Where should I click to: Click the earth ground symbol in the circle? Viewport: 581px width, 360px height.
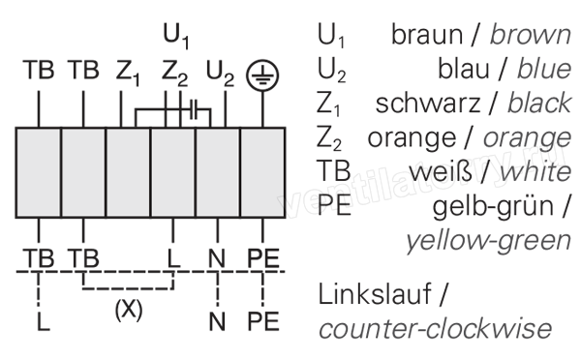pos(262,75)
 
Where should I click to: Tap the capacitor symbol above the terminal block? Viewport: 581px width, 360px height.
pos(194,109)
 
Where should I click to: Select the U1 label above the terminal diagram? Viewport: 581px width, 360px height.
pos(176,36)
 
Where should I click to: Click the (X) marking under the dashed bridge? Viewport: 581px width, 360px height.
pos(129,310)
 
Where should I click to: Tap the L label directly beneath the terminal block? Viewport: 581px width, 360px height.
pos(173,258)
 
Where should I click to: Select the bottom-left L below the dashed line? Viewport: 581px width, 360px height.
pos(44,321)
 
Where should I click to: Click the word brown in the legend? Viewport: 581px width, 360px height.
pos(531,35)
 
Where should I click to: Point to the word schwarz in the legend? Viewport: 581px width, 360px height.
pos(428,104)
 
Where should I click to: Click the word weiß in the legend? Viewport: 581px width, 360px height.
pos(441,171)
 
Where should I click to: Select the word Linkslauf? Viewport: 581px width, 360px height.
pos(375,293)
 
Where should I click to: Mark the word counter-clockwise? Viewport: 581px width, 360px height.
pos(435,329)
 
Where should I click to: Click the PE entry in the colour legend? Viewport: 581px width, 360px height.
pos(334,206)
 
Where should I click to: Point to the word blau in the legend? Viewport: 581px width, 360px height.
pos(464,70)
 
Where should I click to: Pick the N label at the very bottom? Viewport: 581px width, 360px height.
pos(217,321)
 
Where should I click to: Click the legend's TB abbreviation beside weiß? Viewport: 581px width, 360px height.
pos(333,171)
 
